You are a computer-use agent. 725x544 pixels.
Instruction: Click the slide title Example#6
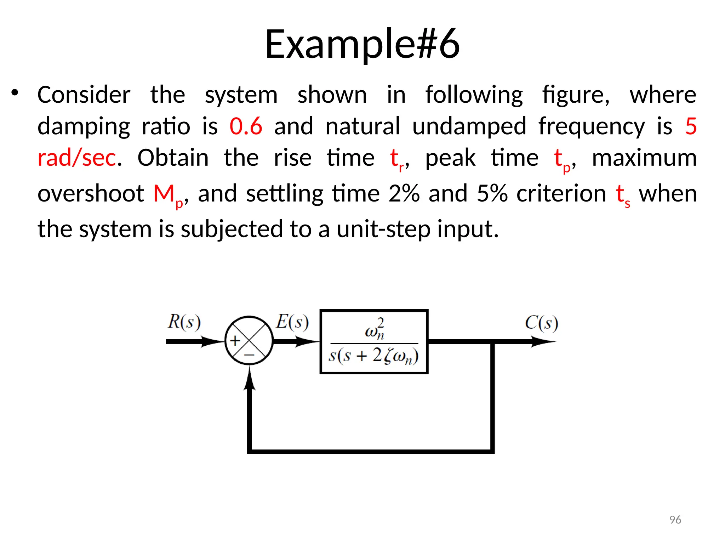click(362, 44)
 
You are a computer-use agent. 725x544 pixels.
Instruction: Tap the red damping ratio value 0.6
click(246, 126)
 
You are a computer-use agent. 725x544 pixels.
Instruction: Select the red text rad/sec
click(77, 158)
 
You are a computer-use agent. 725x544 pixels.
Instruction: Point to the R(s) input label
click(184, 322)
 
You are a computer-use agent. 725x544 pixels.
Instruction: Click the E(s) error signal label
click(292, 322)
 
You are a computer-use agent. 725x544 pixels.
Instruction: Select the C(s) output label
click(541, 323)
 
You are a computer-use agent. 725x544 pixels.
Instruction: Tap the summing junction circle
click(249, 341)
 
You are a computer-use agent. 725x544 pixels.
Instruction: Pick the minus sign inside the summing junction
click(249, 355)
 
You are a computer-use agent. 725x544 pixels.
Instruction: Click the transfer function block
click(374, 341)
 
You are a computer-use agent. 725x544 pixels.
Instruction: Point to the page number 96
click(675, 520)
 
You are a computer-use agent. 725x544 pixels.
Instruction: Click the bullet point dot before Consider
click(15, 93)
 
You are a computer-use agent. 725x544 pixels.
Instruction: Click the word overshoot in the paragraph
click(91, 194)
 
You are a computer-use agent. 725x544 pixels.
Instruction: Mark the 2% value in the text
click(404, 194)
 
